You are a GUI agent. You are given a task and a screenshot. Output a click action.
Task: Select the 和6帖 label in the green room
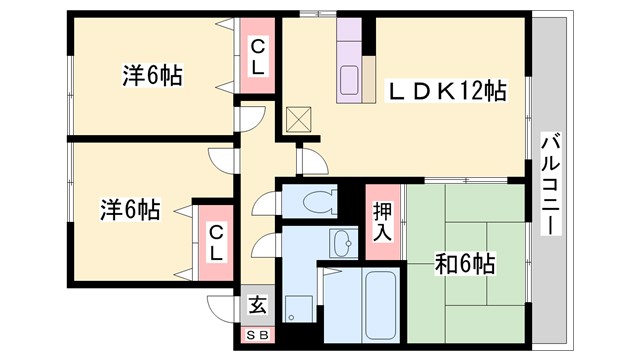click(x=465, y=265)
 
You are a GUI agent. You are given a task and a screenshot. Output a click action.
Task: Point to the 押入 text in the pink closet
click(x=382, y=221)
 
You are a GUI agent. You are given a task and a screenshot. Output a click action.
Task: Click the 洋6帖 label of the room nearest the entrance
click(x=129, y=210)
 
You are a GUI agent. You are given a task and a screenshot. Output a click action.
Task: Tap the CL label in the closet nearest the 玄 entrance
click(x=215, y=241)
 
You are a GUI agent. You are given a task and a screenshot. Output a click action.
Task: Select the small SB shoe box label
click(x=257, y=337)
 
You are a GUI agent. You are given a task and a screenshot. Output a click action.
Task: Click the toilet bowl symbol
click(x=318, y=199)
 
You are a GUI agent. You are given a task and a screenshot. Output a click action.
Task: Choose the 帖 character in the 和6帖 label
click(x=486, y=265)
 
